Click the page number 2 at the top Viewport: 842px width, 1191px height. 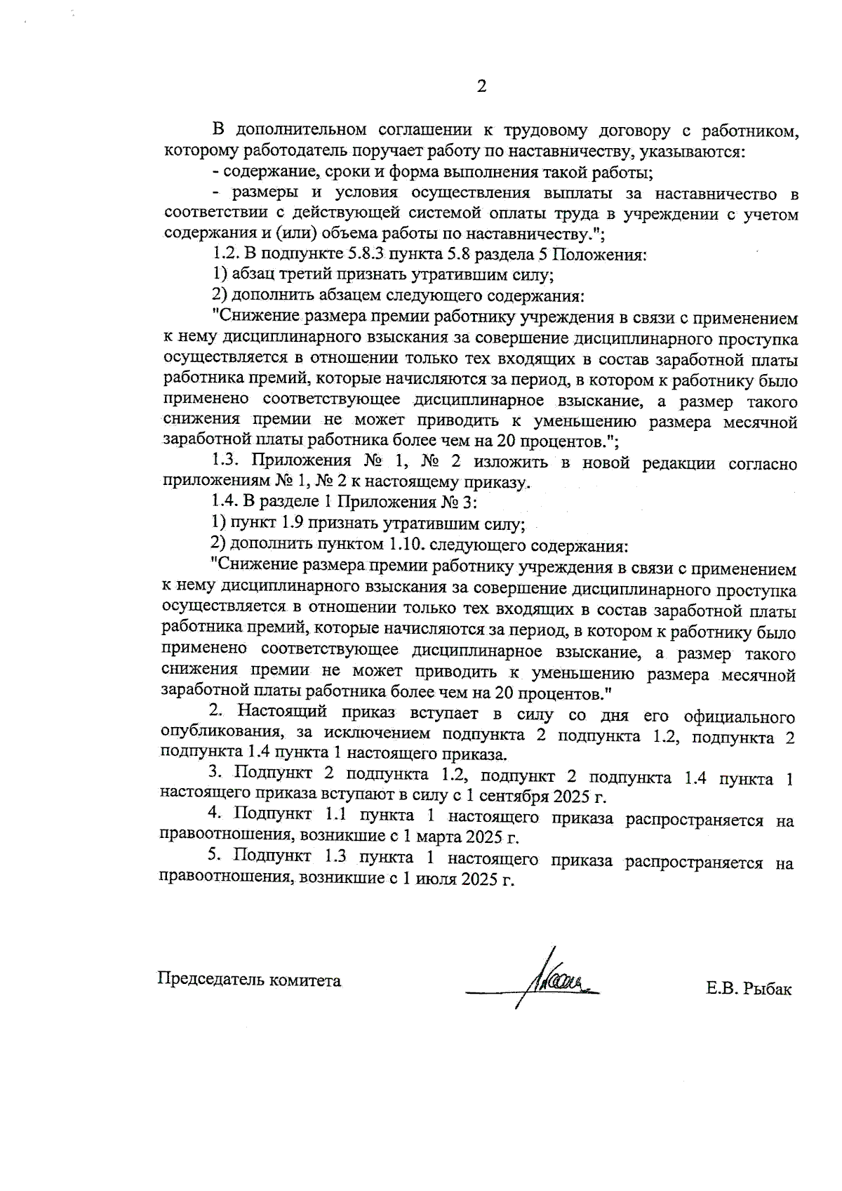[x=481, y=87]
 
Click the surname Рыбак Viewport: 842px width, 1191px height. [x=768, y=990]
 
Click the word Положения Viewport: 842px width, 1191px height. [x=603, y=255]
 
